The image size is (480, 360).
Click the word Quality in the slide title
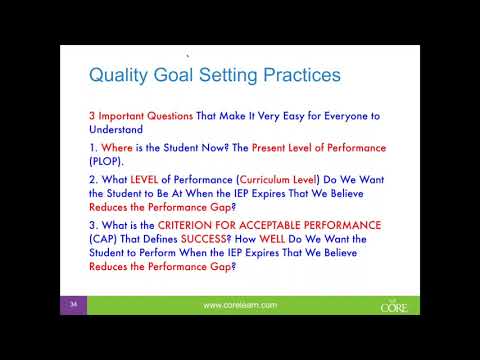118,75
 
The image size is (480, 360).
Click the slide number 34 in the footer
74,303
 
